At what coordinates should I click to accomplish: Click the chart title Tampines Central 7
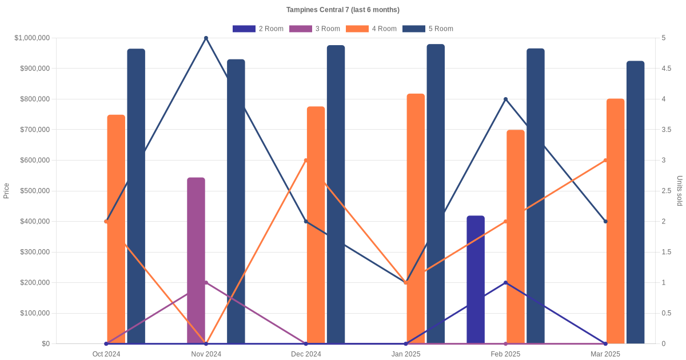pos(342,10)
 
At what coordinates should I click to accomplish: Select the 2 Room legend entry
pos(258,29)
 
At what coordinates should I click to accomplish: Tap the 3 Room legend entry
pos(314,29)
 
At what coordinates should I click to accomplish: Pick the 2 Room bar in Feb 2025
pos(476,280)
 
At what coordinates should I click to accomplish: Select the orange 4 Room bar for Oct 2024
pos(116,229)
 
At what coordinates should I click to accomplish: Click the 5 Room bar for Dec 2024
pos(336,194)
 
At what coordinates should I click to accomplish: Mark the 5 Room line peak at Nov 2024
pos(206,38)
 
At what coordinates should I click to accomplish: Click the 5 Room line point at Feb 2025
pos(505,99)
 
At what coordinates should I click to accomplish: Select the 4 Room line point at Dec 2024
pos(306,161)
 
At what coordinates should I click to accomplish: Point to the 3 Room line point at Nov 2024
pos(206,283)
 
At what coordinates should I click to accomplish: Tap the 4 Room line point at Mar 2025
pos(605,161)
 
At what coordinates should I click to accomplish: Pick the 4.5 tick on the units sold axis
pos(667,69)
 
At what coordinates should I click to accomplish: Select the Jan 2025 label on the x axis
pos(406,354)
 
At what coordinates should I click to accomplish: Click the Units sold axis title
pos(680,191)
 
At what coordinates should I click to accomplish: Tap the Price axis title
pos(6,191)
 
